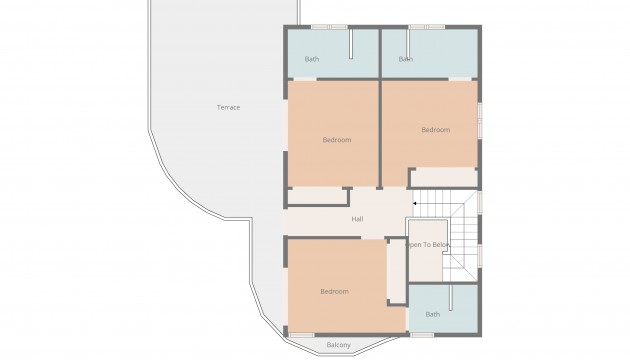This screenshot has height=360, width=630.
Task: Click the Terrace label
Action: (x=228, y=107)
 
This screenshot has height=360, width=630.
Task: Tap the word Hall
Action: (x=357, y=220)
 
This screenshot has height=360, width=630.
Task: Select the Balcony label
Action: (x=339, y=346)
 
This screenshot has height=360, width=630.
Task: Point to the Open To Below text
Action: (x=428, y=245)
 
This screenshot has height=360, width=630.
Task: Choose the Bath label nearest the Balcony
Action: (x=432, y=314)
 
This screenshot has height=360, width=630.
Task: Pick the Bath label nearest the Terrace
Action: (x=311, y=59)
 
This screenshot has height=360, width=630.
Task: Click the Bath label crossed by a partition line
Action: (x=406, y=59)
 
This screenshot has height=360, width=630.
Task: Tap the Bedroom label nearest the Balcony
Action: (x=334, y=291)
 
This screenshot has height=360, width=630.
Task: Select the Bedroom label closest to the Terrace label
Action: (x=337, y=140)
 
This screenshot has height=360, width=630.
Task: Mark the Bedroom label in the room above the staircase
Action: (x=435, y=130)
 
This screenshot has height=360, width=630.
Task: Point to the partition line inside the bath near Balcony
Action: (x=449, y=300)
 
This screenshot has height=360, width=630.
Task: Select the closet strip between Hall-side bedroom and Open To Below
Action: (x=396, y=268)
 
